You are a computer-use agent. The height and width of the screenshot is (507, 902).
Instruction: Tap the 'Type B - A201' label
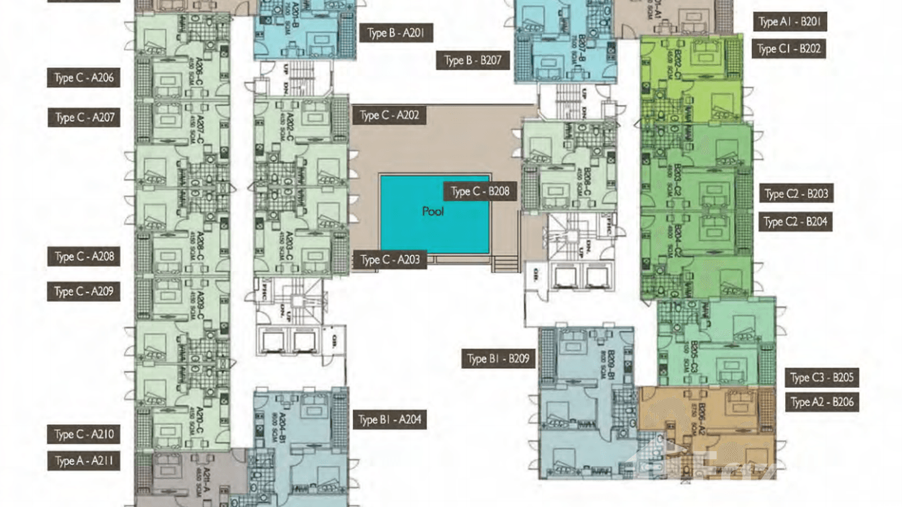[395, 32]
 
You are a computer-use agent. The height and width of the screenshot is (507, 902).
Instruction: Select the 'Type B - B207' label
[473, 61]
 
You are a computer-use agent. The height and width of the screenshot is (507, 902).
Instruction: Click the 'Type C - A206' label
[84, 78]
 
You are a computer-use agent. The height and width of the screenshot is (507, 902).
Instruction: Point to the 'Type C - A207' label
[84, 118]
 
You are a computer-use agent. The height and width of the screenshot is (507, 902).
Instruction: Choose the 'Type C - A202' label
[389, 116]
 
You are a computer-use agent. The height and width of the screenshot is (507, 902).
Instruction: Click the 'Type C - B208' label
[480, 192]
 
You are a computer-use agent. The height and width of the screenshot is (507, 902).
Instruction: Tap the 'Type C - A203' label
[390, 260]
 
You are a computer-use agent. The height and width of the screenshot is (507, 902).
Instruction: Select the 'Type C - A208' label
[84, 256]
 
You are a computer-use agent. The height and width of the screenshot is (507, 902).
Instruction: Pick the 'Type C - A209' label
[84, 292]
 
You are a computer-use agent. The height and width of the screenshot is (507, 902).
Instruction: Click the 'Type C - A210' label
[84, 434]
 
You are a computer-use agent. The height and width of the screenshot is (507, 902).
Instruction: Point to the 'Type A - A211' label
[84, 461]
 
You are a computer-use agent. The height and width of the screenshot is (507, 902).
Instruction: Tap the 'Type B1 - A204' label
[390, 420]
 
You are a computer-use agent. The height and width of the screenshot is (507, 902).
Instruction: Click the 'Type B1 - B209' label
[499, 358]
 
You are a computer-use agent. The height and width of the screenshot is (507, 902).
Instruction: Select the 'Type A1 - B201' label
[789, 22]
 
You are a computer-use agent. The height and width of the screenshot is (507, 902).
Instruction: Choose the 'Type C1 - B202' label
[789, 49]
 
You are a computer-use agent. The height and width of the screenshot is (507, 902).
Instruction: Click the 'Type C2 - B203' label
[796, 194]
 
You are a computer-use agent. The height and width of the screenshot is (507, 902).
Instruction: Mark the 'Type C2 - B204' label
[796, 221]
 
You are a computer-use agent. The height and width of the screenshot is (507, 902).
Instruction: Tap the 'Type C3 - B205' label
[821, 378]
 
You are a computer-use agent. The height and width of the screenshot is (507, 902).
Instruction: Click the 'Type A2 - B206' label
[821, 403]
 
